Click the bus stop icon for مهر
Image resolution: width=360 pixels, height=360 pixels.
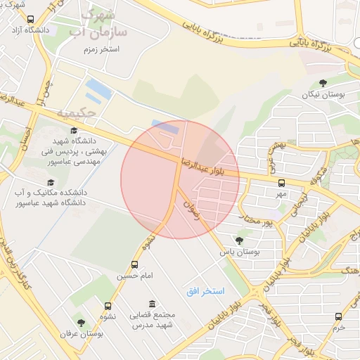[x=281, y=183]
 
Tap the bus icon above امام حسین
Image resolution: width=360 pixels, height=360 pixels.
[x=134, y=266]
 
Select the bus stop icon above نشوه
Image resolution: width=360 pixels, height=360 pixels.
[x=108, y=306]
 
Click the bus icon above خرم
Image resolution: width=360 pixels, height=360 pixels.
[x=339, y=317]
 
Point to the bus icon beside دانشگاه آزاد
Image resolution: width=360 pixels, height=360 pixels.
[x=30, y=20]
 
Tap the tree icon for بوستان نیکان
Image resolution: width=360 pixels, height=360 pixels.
[x=323, y=84]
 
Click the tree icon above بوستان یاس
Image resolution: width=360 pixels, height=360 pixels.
[x=239, y=240]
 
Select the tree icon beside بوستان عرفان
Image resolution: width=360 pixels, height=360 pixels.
[x=81, y=323]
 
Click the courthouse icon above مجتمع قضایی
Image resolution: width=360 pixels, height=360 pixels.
[x=153, y=304]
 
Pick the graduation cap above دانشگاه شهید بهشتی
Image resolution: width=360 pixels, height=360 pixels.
[x=74, y=130]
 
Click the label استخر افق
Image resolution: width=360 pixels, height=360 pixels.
[x=205, y=290]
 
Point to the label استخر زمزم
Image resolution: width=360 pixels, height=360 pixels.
[x=101, y=50]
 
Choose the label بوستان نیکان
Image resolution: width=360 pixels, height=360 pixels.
[x=320, y=94]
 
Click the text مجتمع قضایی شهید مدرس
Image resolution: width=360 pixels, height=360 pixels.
[x=155, y=321]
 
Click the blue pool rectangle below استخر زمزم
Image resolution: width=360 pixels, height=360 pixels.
[x=98, y=89]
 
